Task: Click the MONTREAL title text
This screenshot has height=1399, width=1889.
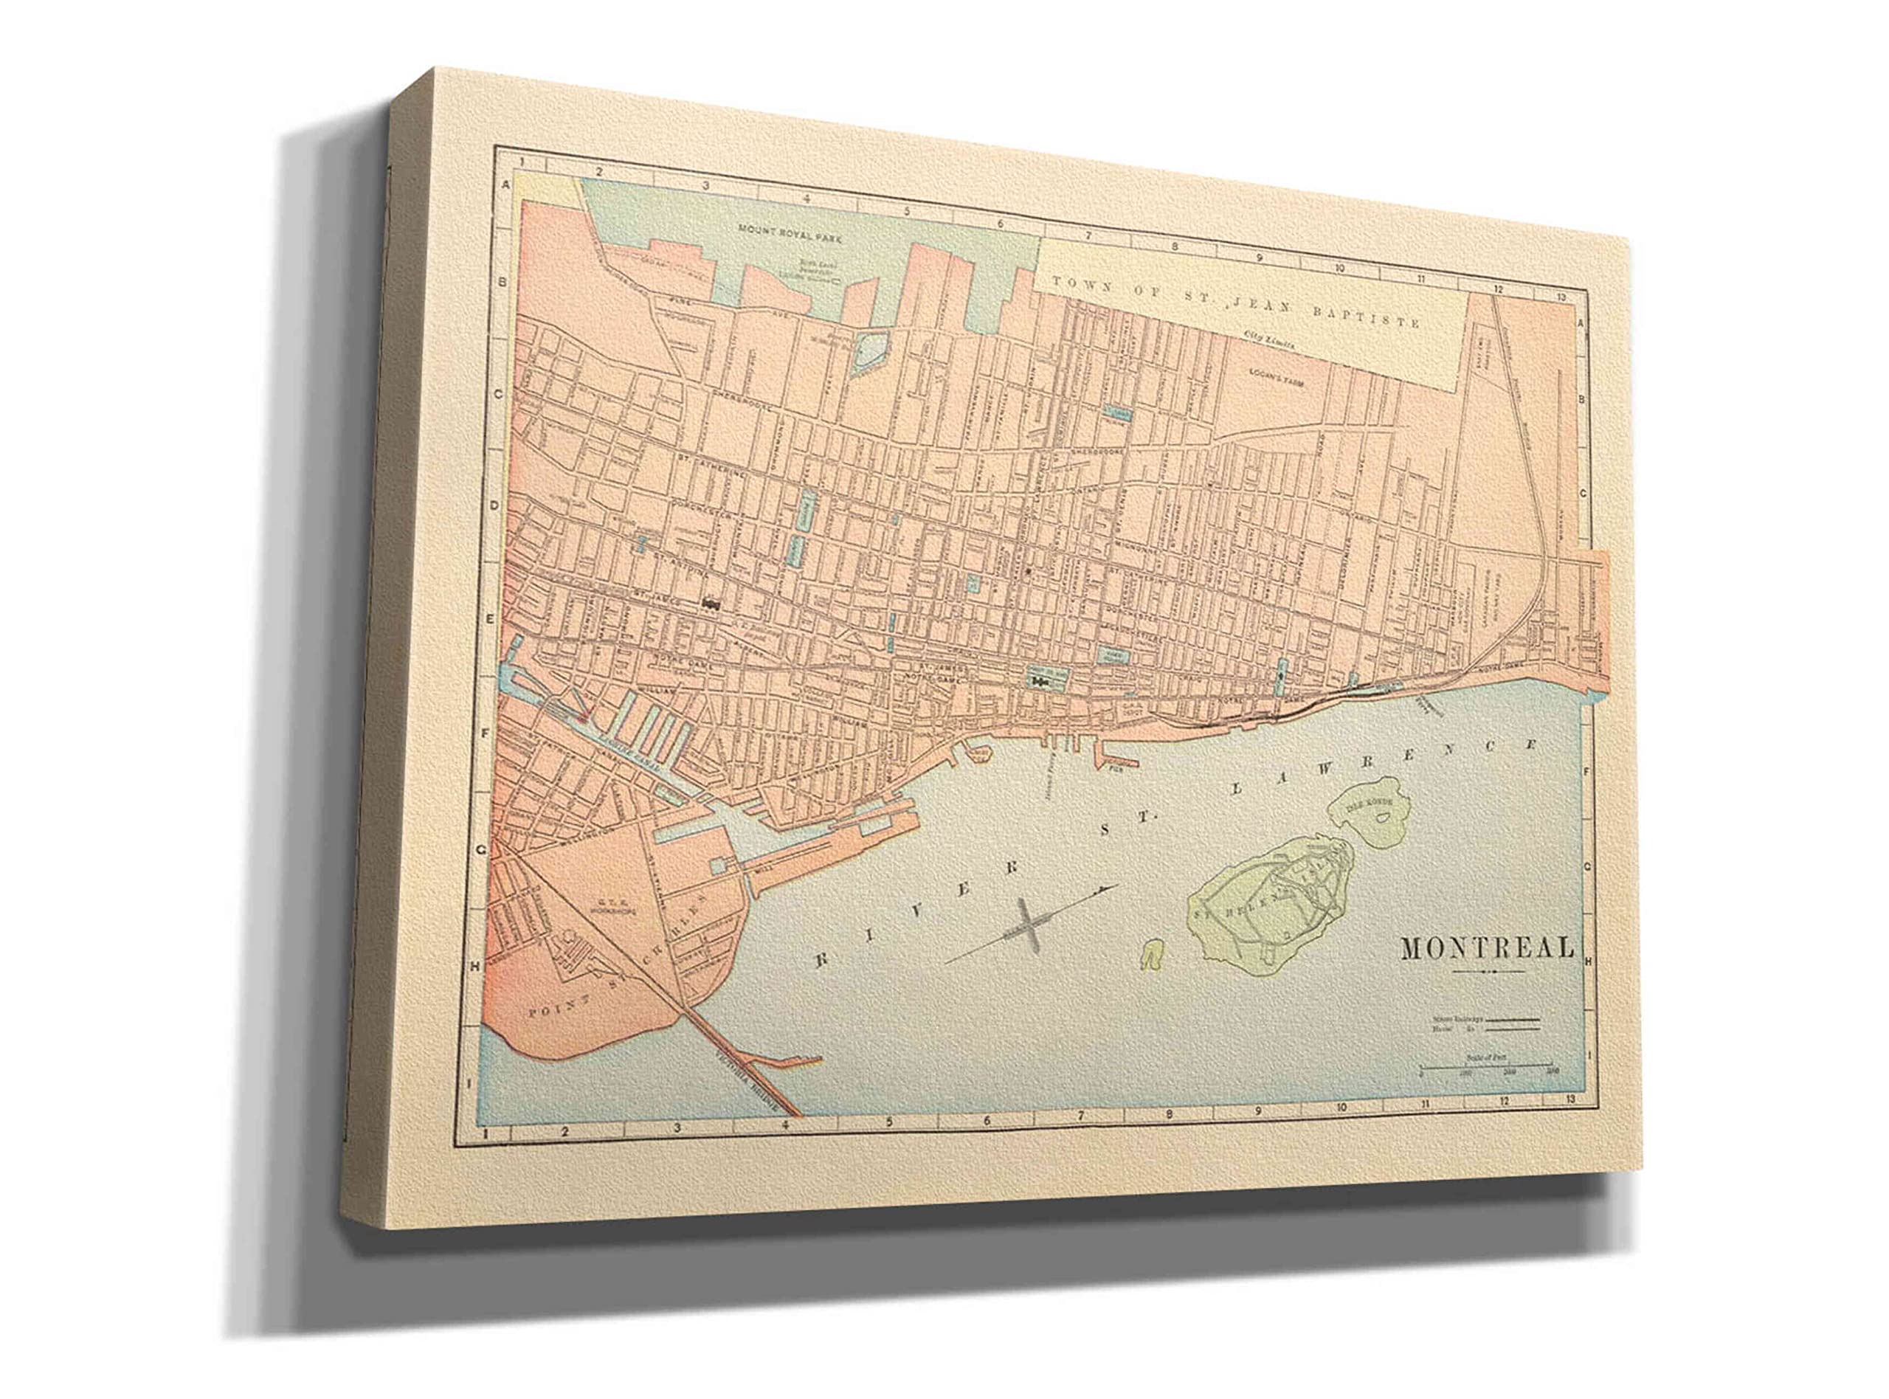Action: point(1487,947)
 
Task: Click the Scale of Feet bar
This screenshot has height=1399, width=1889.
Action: point(1485,1065)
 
